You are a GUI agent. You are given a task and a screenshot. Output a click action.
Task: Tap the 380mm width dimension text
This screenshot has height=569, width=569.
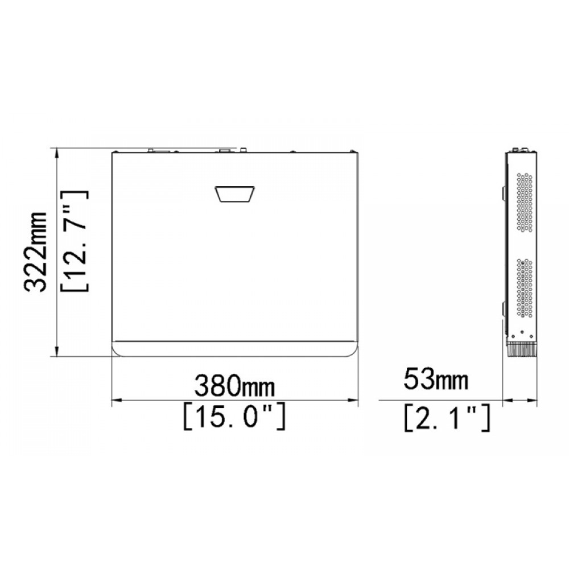point(234,385)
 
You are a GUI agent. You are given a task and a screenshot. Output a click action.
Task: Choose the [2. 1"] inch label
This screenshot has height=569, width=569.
point(447,418)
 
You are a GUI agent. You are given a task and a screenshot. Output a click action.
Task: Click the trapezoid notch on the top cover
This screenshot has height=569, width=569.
point(235,194)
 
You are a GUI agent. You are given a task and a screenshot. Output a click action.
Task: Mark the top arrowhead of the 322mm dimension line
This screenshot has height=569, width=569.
point(56,152)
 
